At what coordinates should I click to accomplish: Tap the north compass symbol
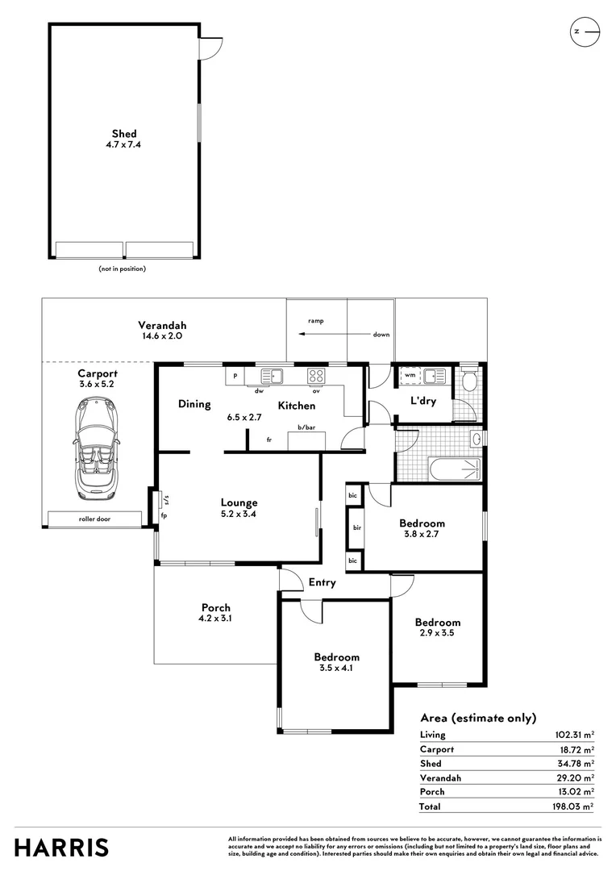click(585, 31)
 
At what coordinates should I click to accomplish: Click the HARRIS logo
click(61, 848)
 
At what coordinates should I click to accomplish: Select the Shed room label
click(124, 133)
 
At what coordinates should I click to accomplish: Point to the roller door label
click(94, 519)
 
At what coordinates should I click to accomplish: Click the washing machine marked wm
click(410, 376)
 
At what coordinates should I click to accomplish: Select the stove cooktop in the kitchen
click(316, 376)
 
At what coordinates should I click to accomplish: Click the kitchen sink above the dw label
click(273, 376)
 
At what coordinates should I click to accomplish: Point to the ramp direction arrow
click(335, 334)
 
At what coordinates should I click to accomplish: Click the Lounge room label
click(239, 502)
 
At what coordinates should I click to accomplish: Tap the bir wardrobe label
click(356, 527)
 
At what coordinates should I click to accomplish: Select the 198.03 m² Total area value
click(573, 806)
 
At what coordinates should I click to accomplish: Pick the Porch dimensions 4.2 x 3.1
click(215, 619)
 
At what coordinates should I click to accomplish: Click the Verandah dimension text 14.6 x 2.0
click(162, 336)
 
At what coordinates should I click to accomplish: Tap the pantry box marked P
click(235, 376)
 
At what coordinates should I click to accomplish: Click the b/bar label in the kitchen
click(306, 427)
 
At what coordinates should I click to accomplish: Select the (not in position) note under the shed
click(123, 269)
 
